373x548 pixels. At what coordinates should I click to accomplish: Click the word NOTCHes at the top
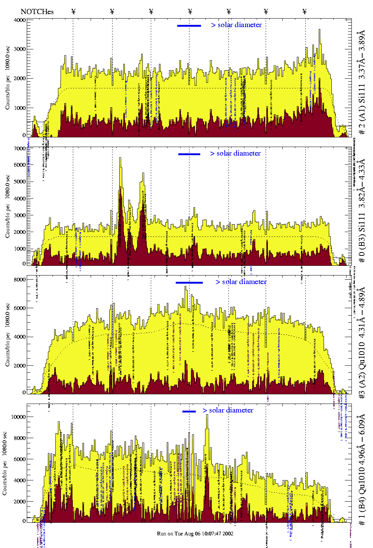(37, 12)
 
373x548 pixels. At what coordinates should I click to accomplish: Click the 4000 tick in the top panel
(19, 20)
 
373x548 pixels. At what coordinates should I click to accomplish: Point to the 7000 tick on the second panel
(19, 149)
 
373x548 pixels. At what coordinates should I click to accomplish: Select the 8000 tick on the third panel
(19, 279)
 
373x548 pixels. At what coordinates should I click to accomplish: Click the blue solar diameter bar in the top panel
(189, 26)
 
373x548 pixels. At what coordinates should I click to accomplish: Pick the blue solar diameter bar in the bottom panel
(189, 411)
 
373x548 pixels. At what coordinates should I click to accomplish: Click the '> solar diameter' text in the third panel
(241, 282)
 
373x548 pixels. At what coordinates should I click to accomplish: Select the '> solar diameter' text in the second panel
(235, 153)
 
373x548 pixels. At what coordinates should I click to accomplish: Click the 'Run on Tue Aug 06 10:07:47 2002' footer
(195, 534)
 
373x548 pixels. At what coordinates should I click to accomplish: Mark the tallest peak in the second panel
(120, 158)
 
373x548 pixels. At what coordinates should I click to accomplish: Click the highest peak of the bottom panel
(207, 415)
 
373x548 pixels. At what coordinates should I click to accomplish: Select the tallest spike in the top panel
(320, 30)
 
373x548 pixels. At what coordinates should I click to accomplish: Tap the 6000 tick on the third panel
(19, 308)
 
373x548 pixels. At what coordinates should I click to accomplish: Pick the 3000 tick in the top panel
(19, 49)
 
